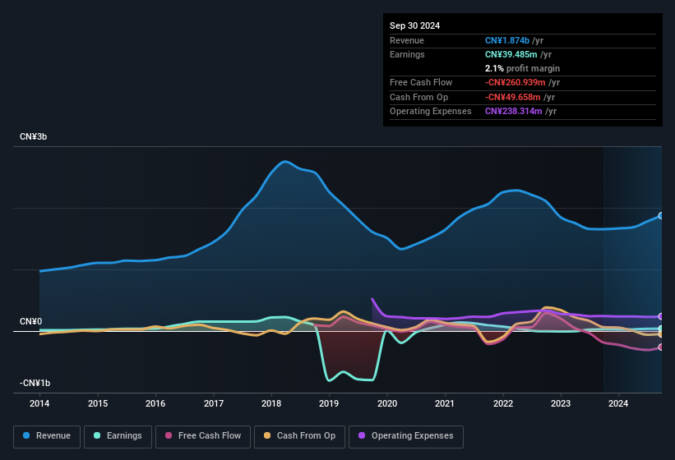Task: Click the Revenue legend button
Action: pyautogui.click(x=47, y=435)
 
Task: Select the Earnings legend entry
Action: pyautogui.click(x=118, y=435)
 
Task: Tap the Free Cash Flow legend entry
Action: pyautogui.click(x=203, y=435)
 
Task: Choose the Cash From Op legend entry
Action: pyautogui.click(x=300, y=435)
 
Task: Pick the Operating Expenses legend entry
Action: pyautogui.click(x=406, y=435)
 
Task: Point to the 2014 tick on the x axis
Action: pyautogui.click(x=39, y=403)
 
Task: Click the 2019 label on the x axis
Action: pyautogui.click(x=329, y=403)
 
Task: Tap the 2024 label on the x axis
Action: pyautogui.click(x=618, y=403)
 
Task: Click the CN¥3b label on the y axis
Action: pyautogui.click(x=34, y=136)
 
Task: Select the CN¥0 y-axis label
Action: pyautogui.click(x=31, y=321)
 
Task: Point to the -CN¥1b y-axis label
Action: pyautogui.click(x=35, y=383)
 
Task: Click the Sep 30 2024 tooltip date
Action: pyautogui.click(x=414, y=25)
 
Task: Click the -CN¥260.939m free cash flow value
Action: pyautogui.click(x=518, y=82)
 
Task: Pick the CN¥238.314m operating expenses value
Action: pyautogui.click(x=514, y=111)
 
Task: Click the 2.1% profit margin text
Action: pyautogui.click(x=522, y=68)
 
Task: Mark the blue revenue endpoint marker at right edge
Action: pyautogui.click(x=661, y=215)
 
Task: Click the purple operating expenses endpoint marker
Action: pyautogui.click(x=661, y=316)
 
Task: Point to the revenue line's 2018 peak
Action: pyautogui.click(x=285, y=161)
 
